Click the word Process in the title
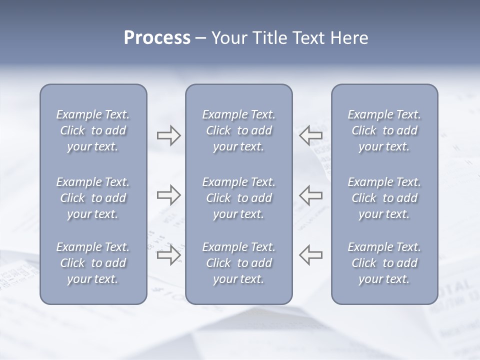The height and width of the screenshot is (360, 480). (157, 38)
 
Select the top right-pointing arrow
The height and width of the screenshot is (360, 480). (168, 135)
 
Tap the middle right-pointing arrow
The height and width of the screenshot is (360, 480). (168, 195)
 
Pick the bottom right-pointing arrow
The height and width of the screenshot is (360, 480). (168, 255)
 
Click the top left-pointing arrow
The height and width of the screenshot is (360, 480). (310, 135)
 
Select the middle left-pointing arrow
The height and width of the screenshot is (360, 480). (310, 195)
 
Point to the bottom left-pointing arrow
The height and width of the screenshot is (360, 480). (310, 255)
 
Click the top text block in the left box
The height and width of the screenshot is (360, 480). (93, 130)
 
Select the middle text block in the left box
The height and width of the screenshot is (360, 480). (93, 198)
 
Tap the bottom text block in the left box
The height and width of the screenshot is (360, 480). (93, 263)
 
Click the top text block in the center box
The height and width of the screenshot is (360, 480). (238, 130)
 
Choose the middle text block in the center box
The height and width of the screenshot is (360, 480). (238, 198)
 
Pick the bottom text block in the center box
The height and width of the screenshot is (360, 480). (238, 263)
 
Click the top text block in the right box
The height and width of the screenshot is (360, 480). (384, 130)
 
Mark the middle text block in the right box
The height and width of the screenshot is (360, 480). (384, 198)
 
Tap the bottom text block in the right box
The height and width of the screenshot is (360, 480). (384, 263)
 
